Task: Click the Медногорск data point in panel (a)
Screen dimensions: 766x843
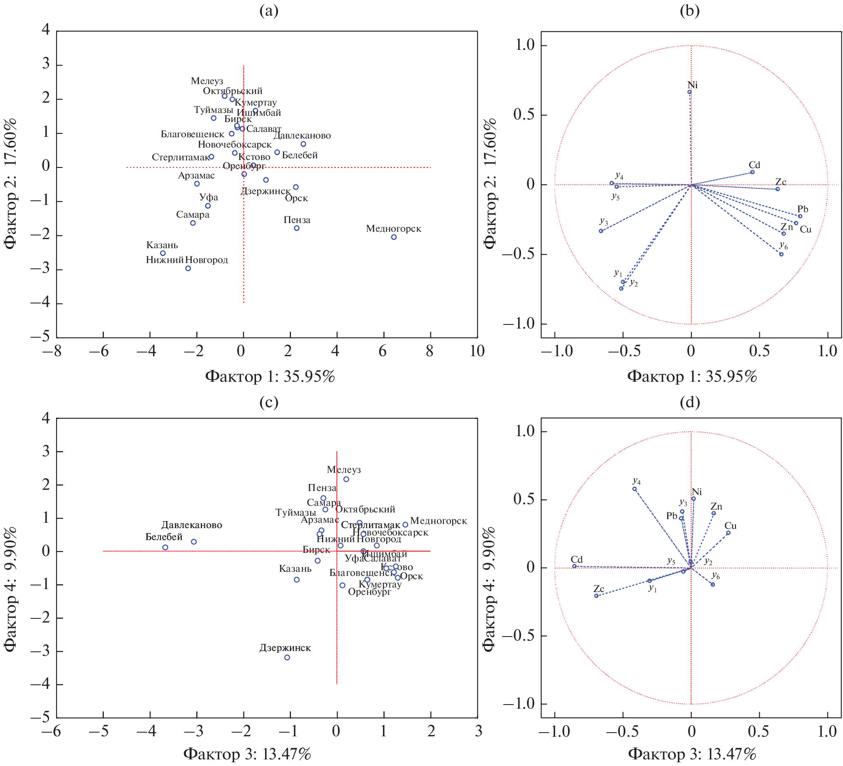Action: click(x=394, y=237)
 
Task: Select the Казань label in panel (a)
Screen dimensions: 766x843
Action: click(x=162, y=245)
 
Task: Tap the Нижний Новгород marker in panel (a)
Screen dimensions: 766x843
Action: click(x=188, y=268)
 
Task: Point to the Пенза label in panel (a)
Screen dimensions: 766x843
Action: click(x=297, y=220)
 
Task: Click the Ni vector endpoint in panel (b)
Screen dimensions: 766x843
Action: click(x=690, y=92)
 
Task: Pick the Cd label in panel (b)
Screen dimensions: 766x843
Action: click(x=754, y=165)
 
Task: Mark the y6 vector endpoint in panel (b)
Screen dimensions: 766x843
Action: click(x=781, y=254)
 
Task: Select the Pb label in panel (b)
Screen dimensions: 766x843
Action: click(x=803, y=209)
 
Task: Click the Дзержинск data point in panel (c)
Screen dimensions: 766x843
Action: click(x=287, y=657)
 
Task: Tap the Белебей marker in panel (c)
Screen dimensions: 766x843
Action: click(x=165, y=547)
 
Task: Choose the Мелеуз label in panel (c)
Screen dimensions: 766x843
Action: click(x=344, y=470)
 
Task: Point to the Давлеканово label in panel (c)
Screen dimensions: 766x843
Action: click(x=192, y=525)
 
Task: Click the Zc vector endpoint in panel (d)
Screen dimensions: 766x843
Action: click(x=596, y=595)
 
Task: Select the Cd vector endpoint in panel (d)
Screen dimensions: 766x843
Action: click(x=575, y=566)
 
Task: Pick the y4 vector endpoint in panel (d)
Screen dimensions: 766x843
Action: click(x=634, y=489)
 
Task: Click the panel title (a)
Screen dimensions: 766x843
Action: click(x=268, y=11)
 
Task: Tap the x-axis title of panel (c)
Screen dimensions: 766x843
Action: click(x=247, y=754)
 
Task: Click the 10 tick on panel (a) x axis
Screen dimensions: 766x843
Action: click(x=477, y=351)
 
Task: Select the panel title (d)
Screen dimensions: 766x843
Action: click(x=690, y=402)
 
